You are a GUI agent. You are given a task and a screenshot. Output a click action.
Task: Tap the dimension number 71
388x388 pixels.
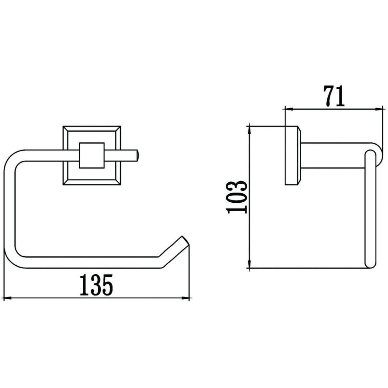(x=334, y=96)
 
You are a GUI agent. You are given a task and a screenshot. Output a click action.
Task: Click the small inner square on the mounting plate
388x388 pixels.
(x=92, y=155)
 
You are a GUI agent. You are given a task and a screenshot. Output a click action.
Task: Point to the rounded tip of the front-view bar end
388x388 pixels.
(x=137, y=155)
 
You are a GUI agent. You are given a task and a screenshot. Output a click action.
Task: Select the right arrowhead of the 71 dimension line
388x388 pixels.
(x=379, y=109)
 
